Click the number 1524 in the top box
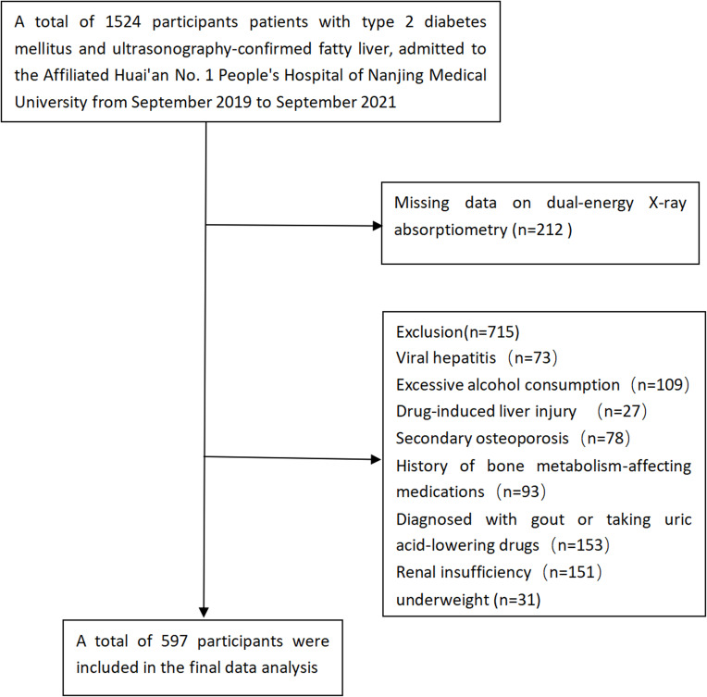123,21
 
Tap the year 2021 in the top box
378,102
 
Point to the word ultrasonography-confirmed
212,49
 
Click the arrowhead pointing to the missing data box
377,226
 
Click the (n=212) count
542,230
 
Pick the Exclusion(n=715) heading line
458,332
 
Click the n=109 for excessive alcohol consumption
661,385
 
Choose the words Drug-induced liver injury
486,411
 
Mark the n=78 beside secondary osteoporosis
605,438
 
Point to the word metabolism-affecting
614,466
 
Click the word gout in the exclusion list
548,519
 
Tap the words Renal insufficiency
464,572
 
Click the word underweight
442,600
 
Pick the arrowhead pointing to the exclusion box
376,459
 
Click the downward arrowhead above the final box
204,612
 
